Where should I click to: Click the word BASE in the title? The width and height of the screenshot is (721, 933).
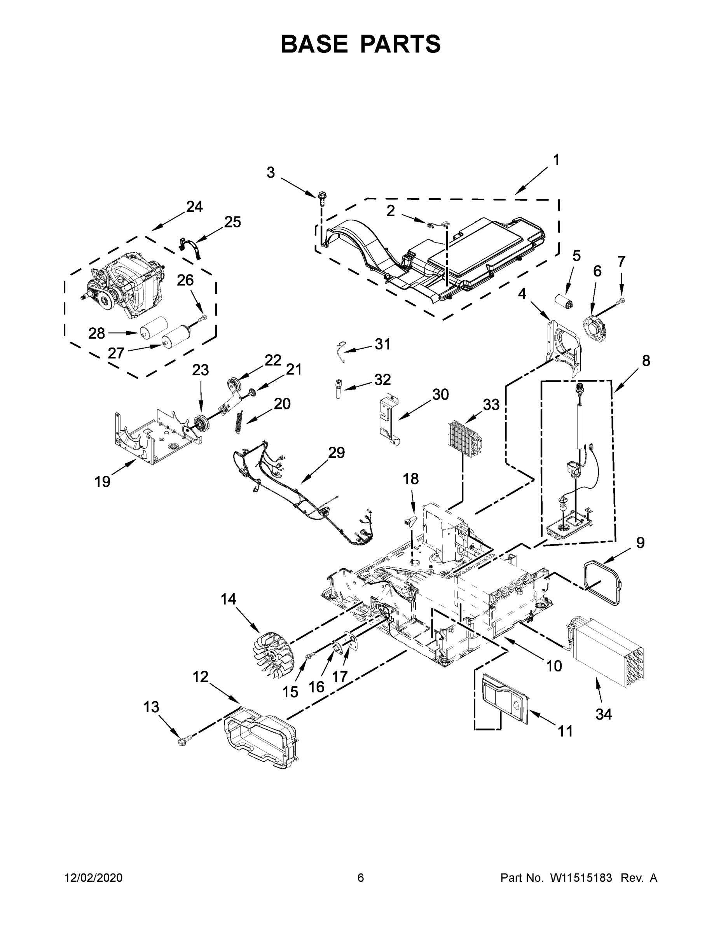point(314,44)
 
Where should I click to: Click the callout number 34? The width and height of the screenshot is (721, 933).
point(604,713)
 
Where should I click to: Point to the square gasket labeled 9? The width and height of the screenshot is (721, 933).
point(602,584)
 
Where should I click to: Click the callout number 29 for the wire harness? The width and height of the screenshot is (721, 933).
point(336,453)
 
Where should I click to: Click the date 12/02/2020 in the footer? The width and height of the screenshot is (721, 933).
point(94,878)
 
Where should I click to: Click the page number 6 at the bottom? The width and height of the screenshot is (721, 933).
point(361,878)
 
